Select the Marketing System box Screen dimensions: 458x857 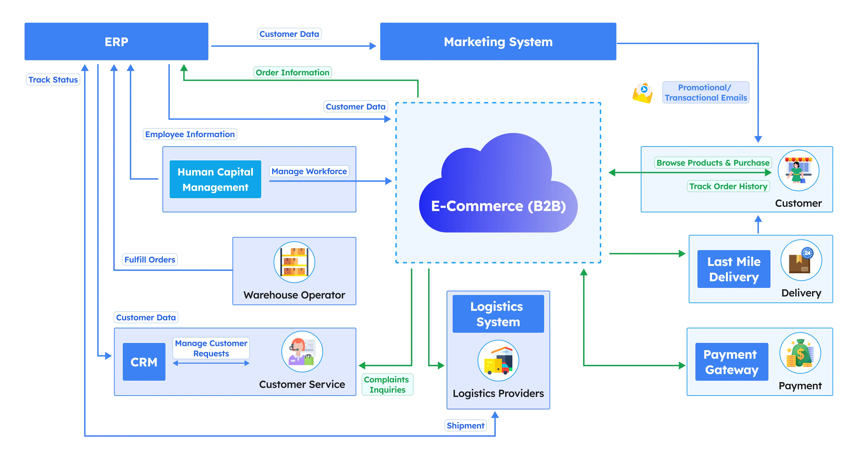coord(498,42)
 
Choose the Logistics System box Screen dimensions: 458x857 coord(498,314)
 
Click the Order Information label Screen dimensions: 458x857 coord(292,72)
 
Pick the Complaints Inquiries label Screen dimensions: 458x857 coord(387,384)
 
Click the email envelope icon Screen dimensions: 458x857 coord(642,93)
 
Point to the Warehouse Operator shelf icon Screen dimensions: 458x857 coord(294,262)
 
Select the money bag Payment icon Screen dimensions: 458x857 coord(800,353)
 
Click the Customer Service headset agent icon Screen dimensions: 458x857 coord(302,352)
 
